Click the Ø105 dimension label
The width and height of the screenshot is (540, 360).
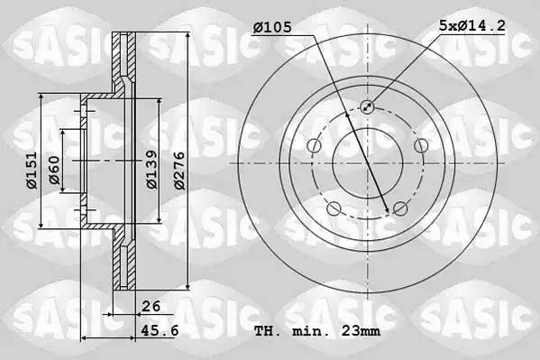pyautogui.click(x=272, y=27)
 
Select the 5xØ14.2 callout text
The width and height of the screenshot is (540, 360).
pyautogui.click(x=471, y=25)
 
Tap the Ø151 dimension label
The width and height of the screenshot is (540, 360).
pyautogui.click(x=32, y=170)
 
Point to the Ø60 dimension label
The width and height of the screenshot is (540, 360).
pyautogui.click(x=54, y=170)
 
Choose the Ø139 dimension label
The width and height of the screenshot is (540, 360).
pyautogui.click(x=151, y=170)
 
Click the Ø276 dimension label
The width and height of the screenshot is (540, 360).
pyautogui.click(x=179, y=171)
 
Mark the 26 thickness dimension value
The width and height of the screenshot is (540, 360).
pyautogui.click(x=151, y=306)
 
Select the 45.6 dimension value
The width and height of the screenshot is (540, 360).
pyautogui.click(x=160, y=330)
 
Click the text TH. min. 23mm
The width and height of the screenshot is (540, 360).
pyautogui.click(x=317, y=331)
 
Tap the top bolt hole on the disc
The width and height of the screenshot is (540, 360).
pyautogui.click(x=367, y=106)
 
